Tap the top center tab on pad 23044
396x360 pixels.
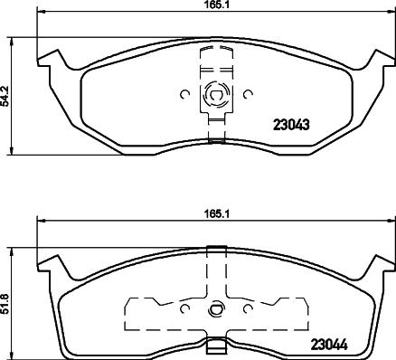[x=215, y=250]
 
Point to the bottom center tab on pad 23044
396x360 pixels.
[x=215, y=346]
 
